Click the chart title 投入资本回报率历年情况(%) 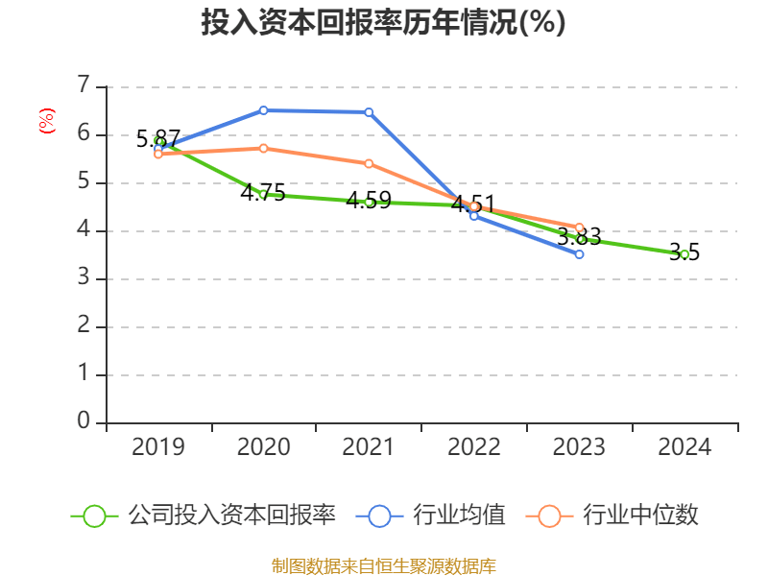pyautogui.click(x=383, y=23)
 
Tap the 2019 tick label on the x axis pyautogui.click(x=158, y=447)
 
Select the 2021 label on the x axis pyautogui.click(x=369, y=447)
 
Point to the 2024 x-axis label pyautogui.click(x=684, y=447)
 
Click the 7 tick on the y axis pyautogui.click(x=84, y=86)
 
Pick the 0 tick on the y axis pyautogui.click(x=84, y=422)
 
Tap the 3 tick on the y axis pyautogui.click(x=84, y=278)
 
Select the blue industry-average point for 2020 pyautogui.click(x=264, y=110)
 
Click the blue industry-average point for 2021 pyautogui.click(x=369, y=112)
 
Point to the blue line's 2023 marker pyautogui.click(x=579, y=254)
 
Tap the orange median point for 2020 pyautogui.click(x=264, y=148)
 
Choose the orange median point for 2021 pyautogui.click(x=369, y=163)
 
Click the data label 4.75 pyautogui.click(x=263, y=193)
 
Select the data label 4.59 pyautogui.click(x=369, y=201)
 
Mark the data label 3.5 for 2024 pyautogui.click(x=684, y=252)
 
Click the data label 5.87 pyautogui.click(x=158, y=138)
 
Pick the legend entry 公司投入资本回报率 pyautogui.click(x=231, y=516)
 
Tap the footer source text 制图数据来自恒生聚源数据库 pyautogui.click(x=383, y=565)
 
